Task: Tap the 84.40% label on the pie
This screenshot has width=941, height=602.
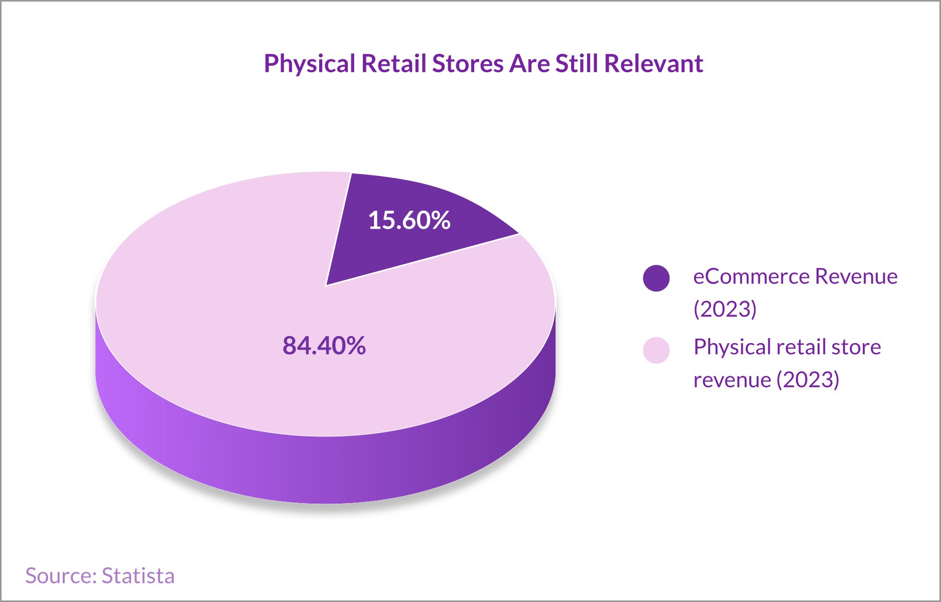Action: pyautogui.click(x=324, y=346)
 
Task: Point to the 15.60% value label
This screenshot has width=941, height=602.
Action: pyautogui.click(x=409, y=220)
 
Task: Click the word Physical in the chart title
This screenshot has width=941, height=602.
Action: pyautogui.click(x=310, y=64)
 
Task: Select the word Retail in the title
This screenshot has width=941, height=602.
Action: pyautogui.click(x=393, y=63)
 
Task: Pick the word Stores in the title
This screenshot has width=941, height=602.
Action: pyautogui.click(x=468, y=63)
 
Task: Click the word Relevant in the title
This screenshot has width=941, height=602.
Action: pyautogui.click(x=653, y=63)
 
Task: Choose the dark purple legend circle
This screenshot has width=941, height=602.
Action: pyautogui.click(x=656, y=278)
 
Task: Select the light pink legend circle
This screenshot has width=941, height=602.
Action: pyautogui.click(x=656, y=350)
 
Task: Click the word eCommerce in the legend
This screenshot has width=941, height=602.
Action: pyautogui.click(x=751, y=276)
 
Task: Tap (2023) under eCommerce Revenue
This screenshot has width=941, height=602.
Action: pyautogui.click(x=725, y=309)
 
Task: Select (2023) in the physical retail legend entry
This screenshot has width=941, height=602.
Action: pyautogui.click(x=808, y=380)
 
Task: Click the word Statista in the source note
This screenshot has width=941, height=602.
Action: pyautogui.click(x=138, y=576)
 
